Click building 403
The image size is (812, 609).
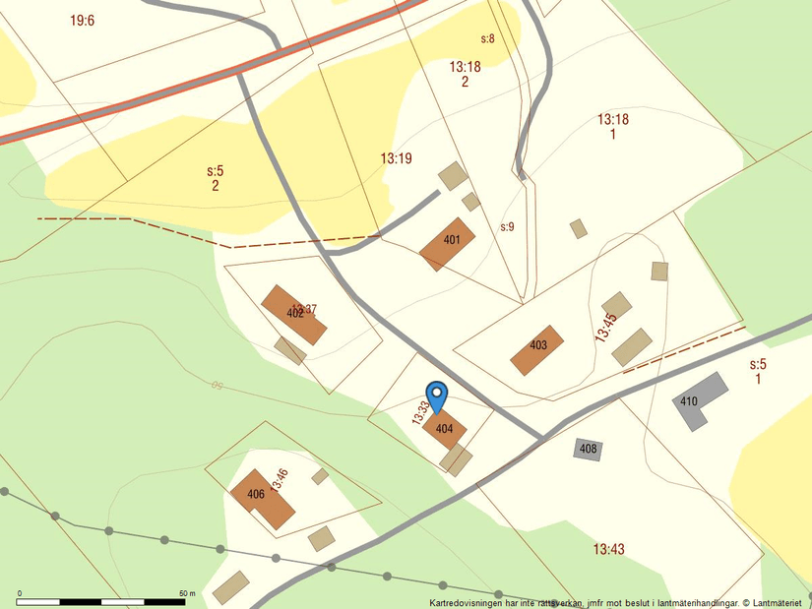coord(537,349)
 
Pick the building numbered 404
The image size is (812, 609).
coord(445,430)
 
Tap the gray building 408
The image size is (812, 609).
coord(588,450)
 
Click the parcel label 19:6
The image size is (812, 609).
coord(83,20)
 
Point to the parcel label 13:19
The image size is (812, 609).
coord(396,157)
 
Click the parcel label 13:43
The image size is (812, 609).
coord(608,548)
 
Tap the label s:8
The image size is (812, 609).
coord(487,38)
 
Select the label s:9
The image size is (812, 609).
coord(507,226)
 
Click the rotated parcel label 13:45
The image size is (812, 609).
coord(605,327)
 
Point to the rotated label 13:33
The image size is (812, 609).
coord(421,410)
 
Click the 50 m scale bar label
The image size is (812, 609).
coord(187,593)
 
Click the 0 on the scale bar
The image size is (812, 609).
coord(20,593)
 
